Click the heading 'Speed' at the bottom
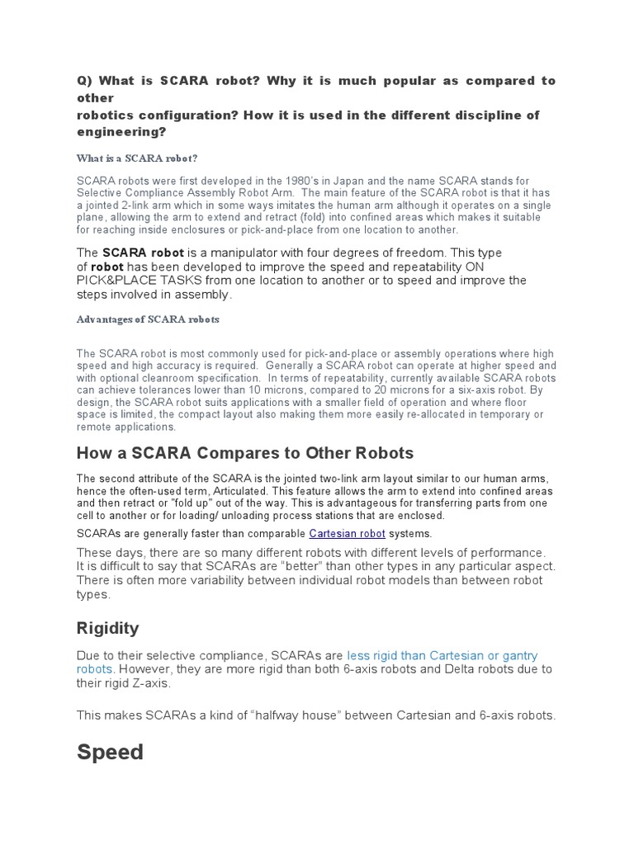(x=110, y=753)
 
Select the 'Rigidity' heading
(x=107, y=628)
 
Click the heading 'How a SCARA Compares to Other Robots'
(x=244, y=453)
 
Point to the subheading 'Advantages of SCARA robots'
(x=148, y=319)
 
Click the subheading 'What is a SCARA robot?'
(x=136, y=158)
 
